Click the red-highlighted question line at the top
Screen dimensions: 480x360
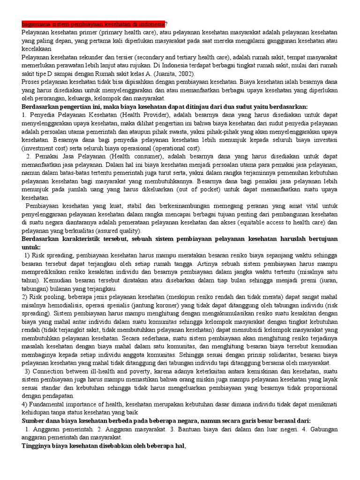point(94,24)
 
